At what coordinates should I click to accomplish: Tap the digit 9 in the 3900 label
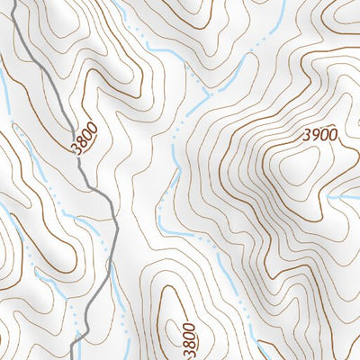314,135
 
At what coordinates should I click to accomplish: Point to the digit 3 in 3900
306,135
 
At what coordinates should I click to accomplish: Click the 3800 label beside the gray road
84,140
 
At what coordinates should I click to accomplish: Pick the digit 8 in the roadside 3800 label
82,144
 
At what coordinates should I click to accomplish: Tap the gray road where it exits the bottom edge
76,357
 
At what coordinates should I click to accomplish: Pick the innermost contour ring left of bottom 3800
167,310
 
